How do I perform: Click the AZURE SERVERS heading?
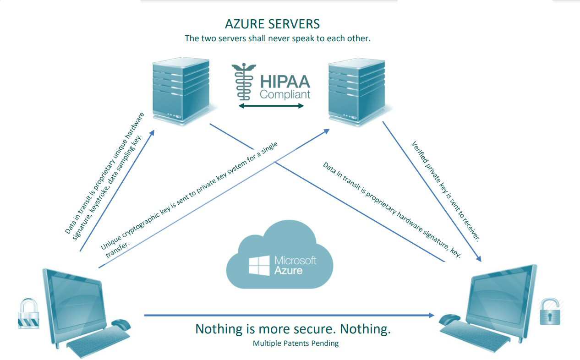pyautogui.click(x=272, y=24)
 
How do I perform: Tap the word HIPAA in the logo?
pyautogui.click(x=285, y=82)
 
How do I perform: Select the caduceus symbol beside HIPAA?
pyautogui.click(x=243, y=82)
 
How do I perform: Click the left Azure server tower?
pyautogui.click(x=181, y=92)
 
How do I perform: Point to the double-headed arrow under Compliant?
pyautogui.click(x=271, y=106)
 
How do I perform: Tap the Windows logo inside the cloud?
pyautogui.click(x=259, y=266)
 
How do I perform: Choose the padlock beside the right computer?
pyautogui.click(x=550, y=312)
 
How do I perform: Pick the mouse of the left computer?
pyautogui.click(x=121, y=324)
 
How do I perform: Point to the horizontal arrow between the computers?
pyautogui.click(x=289, y=315)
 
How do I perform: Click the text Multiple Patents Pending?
pyautogui.click(x=295, y=343)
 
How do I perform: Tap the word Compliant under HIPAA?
pyautogui.click(x=285, y=94)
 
